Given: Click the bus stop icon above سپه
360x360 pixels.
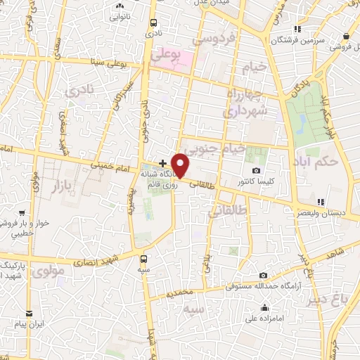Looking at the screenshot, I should point(145,259).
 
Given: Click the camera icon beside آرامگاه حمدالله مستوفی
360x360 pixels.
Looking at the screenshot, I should point(263,276).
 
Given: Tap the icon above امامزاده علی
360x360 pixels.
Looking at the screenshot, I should point(263,307).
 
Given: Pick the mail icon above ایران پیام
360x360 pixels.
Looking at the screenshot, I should point(29,313).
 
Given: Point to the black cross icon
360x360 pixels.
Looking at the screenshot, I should point(163,163).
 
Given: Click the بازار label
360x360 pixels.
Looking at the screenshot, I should point(44,186).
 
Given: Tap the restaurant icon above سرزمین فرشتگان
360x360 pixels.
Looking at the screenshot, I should point(297,29).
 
